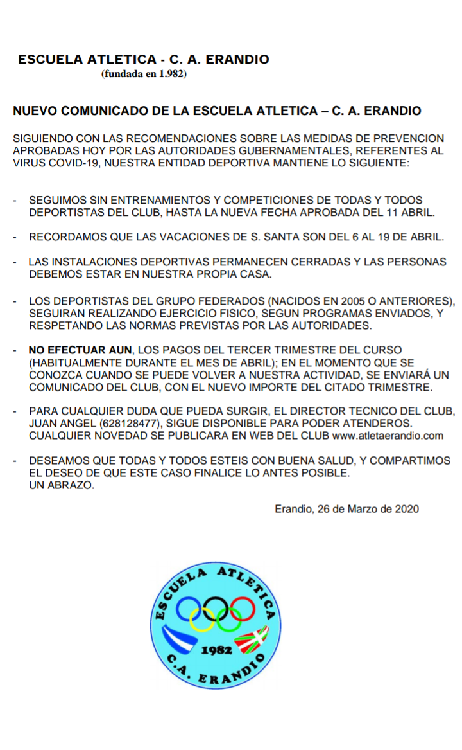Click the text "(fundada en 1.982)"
(144, 74)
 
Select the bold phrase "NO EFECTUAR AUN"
(80, 350)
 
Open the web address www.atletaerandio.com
(388, 436)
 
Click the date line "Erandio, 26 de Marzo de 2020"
(346, 509)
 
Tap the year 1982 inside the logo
(216, 650)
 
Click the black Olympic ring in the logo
(216, 607)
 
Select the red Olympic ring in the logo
(243, 607)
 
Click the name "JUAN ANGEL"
(55, 424)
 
